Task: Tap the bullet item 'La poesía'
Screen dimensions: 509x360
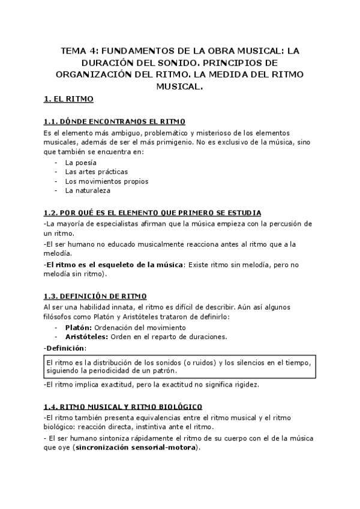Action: (81, 163)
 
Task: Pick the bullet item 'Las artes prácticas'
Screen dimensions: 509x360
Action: (96, 172)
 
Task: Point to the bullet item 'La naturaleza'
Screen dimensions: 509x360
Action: (88, 190)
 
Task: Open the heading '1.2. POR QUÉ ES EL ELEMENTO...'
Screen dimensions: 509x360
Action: (152, 213)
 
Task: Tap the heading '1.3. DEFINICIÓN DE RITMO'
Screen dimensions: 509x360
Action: (94, 296)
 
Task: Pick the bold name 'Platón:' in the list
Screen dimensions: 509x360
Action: (78, 328)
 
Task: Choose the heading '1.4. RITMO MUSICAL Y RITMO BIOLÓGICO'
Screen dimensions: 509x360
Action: (122, 406)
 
